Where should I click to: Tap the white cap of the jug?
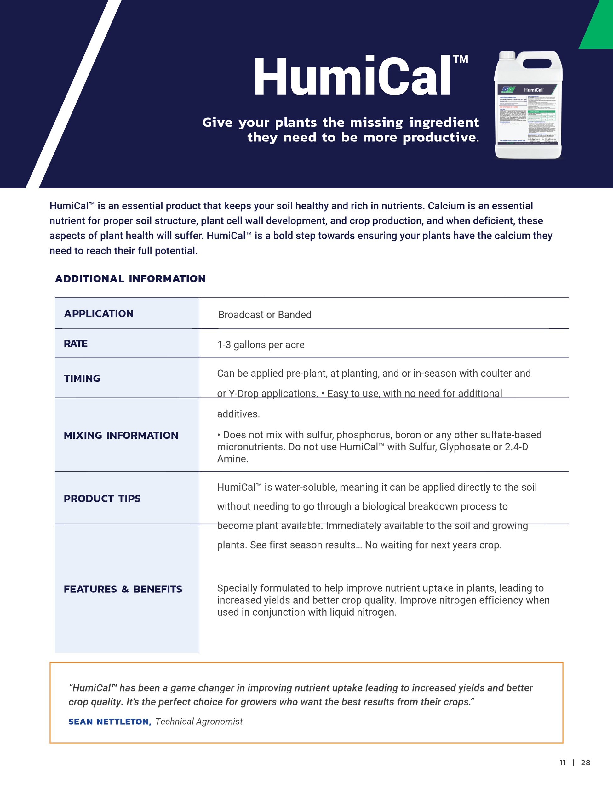click(507, 55)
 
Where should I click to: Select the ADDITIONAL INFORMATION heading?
click(130, 279)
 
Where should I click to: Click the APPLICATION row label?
click(99, 314)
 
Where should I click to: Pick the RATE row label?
click(76, 344)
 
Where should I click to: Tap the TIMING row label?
click(82, 378)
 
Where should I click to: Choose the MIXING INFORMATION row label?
click(121, 435)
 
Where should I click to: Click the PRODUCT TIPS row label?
click(102, 499)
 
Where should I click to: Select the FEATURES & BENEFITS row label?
click(123, 589)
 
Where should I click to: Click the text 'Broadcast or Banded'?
click(265, 315)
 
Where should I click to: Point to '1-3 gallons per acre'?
click(261, 345)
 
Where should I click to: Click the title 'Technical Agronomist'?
click(199, 722)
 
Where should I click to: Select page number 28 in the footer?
click(585, 762)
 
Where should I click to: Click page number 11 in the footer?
click(563, 762)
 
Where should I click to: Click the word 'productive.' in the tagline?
click(441, 138)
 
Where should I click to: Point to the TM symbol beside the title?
click(461, 60)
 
